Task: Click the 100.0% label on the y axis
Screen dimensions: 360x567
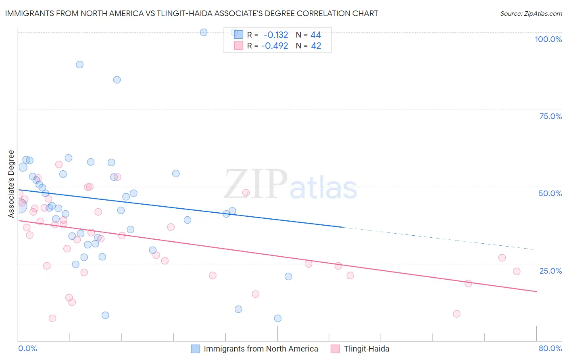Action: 548,39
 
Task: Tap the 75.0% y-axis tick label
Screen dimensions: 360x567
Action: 550,116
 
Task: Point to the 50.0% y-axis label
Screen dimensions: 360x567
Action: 550,193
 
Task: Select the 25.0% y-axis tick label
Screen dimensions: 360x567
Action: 550,270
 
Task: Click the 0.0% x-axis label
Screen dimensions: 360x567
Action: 28,348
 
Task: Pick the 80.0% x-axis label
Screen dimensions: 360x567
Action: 550,348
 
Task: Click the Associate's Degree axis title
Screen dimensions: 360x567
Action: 11,184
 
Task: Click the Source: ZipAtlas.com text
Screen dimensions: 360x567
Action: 531,13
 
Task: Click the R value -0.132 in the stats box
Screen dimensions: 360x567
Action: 276,35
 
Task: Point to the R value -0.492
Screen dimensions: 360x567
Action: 275,46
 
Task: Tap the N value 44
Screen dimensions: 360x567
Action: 316,35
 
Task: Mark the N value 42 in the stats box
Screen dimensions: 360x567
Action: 316,46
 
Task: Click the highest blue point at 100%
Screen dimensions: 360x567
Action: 204,32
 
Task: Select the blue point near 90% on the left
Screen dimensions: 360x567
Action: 79,65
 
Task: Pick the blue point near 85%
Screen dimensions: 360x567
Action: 117,80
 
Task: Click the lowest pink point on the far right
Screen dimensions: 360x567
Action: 457,314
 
